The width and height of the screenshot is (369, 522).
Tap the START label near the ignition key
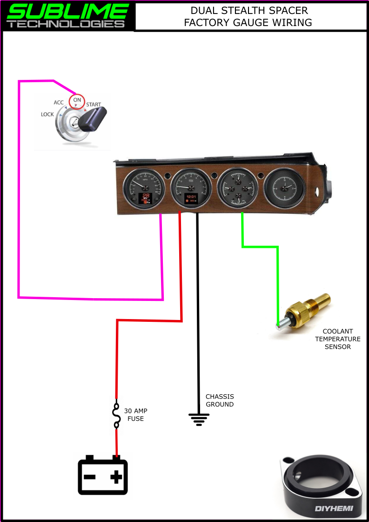tap(93, 105)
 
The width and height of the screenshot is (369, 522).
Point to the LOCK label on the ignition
tap(47, 114)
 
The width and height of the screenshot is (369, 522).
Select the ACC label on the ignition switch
tap(59, 103)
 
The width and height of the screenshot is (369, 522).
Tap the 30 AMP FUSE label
tap(135, 415)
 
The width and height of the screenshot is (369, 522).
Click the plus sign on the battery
tap(116, 476)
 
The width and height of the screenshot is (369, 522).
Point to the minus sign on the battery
tap(90, 477)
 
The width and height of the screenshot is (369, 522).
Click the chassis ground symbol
tap(199, 419)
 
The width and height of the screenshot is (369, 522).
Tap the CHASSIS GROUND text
tap(220, 400)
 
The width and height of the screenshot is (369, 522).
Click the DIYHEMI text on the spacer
tap(334, 509)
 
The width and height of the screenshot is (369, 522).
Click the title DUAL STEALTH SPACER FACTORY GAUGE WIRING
tap(248, 16)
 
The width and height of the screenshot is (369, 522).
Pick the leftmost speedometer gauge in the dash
tap(144, 189)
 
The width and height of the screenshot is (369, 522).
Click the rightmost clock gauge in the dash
tap(284, 188)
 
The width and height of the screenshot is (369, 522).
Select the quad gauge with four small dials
tap(238, 188)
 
